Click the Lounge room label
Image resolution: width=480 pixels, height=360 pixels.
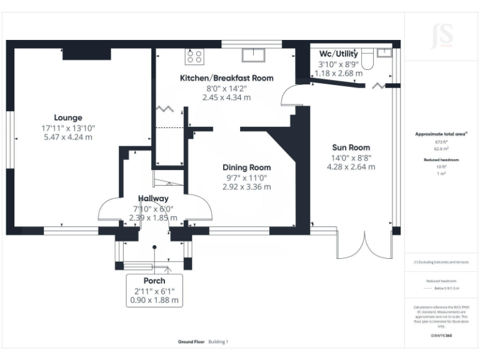(x=68, y=117)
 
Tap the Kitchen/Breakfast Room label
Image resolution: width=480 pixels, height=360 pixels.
(x=226, y=78)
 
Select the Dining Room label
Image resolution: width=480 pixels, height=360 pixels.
(x=247, y=167)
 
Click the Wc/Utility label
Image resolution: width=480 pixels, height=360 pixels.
(x=338, y=53)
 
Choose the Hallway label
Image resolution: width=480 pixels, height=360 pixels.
(x=153, y=198)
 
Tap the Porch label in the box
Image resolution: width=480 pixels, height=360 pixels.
(x=154, y=280)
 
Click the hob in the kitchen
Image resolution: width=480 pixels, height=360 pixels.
(x=194, y=57)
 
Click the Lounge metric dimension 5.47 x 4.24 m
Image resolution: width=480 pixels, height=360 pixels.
(x=68, y=137)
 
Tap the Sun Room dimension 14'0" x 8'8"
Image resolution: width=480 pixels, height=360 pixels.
(x=351, y=157)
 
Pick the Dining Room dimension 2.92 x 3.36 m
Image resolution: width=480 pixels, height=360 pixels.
(x=246, y=186)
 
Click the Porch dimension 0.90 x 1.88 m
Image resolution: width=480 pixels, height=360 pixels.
(x=154, y=301)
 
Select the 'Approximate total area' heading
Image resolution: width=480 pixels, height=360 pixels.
(x=441, y=134)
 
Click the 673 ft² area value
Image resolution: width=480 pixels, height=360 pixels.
(x=442, y=142)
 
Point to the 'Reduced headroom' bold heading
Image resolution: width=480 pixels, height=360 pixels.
(x=442, y=160)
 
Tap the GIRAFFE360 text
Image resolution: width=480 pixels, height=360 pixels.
(x=441, y=336)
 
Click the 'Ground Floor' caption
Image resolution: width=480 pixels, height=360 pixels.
(x=192, y=342)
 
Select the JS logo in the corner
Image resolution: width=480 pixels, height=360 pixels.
(x=442, y=34)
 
